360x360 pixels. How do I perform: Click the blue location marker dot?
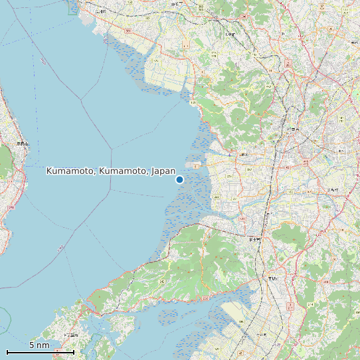[179, 179]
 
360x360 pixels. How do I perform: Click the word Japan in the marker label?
[163, 171]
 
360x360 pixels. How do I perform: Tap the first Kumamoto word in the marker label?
[70, 171]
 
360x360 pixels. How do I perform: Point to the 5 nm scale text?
[39, 345]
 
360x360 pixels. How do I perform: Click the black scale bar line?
[40, 352]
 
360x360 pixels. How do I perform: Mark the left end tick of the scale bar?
[7, 351]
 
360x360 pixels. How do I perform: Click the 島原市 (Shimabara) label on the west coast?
[22, 143]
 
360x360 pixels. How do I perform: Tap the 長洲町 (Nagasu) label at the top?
[100, 11]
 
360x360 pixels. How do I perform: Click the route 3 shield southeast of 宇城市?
[290, 306]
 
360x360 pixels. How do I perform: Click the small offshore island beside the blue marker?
[197, 165]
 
